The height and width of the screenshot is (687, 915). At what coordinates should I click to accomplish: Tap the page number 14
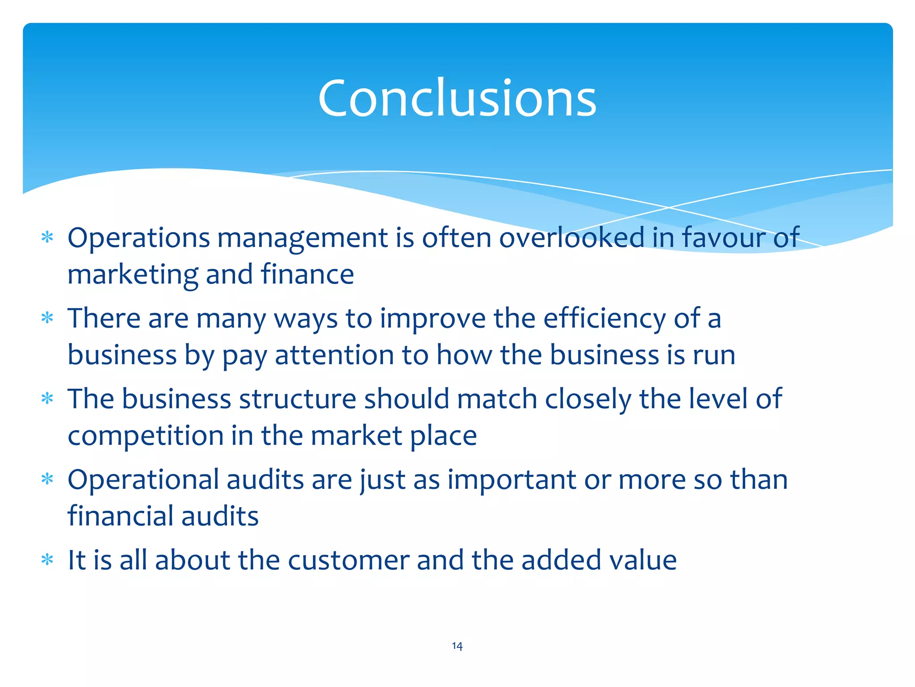pyautogui.click(x=457, y=646)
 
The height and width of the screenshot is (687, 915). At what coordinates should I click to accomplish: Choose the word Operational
pyautogui.click(x=143, y=480)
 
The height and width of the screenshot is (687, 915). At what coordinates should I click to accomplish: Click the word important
pyautogui.click(x=512, y=480)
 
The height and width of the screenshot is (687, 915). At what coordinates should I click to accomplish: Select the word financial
pyautogui.click(x=121, y=516)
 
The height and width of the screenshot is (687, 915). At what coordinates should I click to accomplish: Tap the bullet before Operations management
pyautogui.click(x=47, y=237)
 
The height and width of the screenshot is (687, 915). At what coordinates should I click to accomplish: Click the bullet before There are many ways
pyautogui.click(x=47, y=318)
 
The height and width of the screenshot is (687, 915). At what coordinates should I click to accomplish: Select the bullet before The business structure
pyautogui.click(x=47, y=398)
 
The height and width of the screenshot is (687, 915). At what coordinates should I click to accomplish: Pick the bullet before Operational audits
pyautogui.click(x=47, y=479)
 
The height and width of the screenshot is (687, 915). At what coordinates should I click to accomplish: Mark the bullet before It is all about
pyautogui.click(x=47, y=560)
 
